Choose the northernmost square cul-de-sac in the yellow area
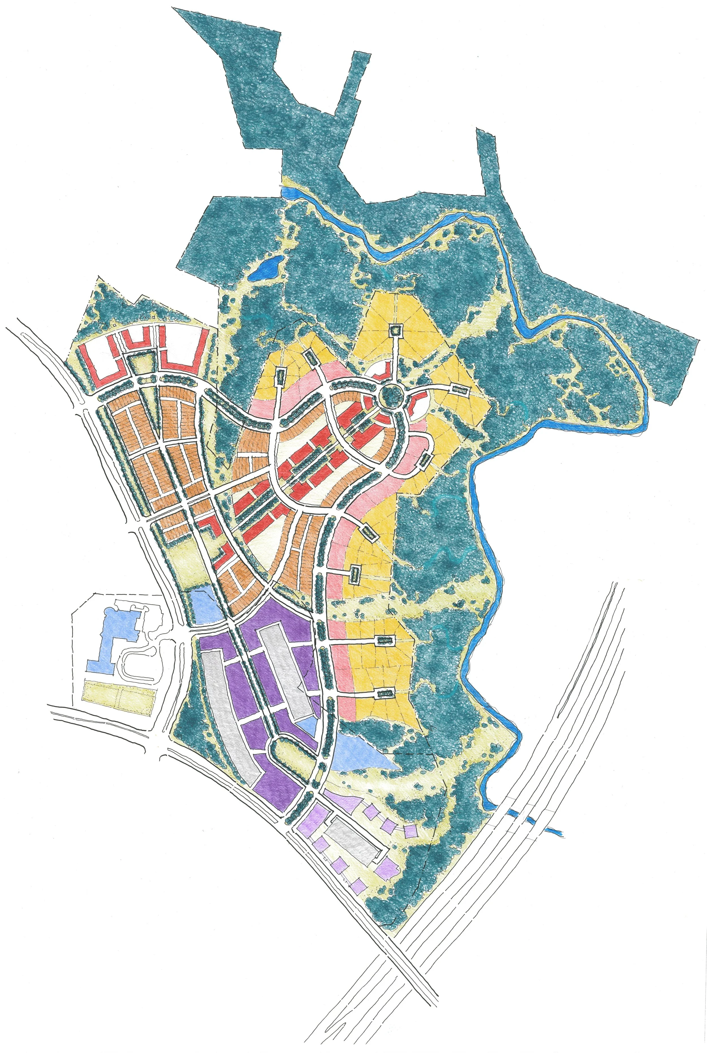[395, 330]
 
